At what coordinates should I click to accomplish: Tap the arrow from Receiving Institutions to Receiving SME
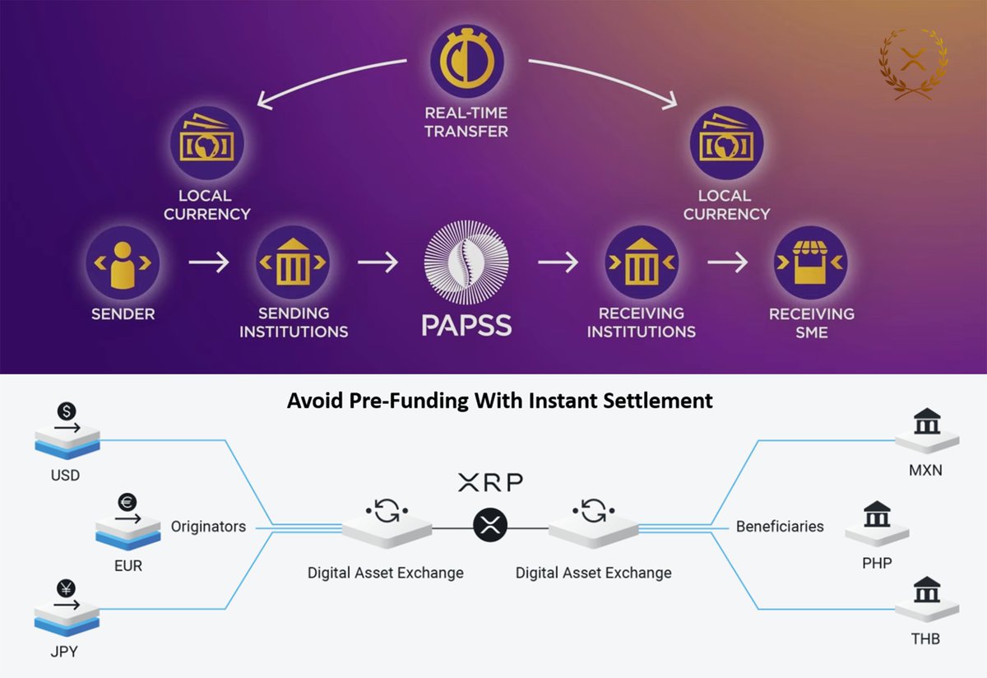click(728, 262)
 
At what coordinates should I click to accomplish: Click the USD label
click(65, 476)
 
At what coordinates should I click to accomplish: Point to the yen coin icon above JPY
click(65, 587)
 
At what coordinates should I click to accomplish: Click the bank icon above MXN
click(927, 424)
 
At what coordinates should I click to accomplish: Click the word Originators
click(208, 526)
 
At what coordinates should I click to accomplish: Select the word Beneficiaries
click(780, 526)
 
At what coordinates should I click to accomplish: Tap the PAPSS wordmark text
click(466, 323)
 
